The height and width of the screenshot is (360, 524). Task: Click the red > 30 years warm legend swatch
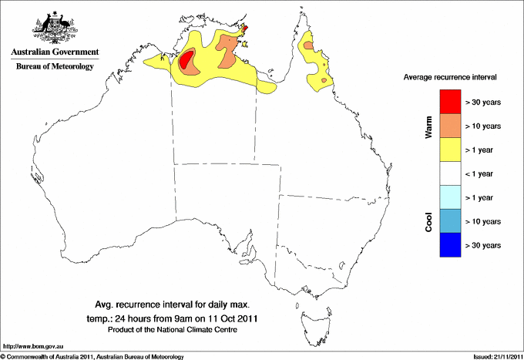click(x=450, y=102)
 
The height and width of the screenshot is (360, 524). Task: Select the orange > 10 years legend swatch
click(x=450, y=126)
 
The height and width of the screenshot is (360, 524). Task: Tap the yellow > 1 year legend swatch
click(x=450, y=150)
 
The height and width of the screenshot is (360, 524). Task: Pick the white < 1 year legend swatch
click(x=450, y=173)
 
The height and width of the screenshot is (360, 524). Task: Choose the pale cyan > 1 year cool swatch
click(x=450, y=197)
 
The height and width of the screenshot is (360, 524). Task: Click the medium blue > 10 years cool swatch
click(x=450, y=221)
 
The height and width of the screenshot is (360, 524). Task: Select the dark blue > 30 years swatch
click(x=450, y=245)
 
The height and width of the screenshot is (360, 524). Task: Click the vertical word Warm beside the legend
click(x=428, y=126)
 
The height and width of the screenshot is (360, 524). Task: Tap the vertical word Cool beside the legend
click(x=428, y=221)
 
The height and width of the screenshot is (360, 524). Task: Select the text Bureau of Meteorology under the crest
click(x=55, y=67)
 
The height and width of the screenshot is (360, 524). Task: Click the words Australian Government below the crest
click(x=55, y=52)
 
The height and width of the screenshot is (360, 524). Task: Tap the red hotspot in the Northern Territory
click(x=187, y=60)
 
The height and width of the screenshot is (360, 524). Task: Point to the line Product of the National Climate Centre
click(x=171, y=330)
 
